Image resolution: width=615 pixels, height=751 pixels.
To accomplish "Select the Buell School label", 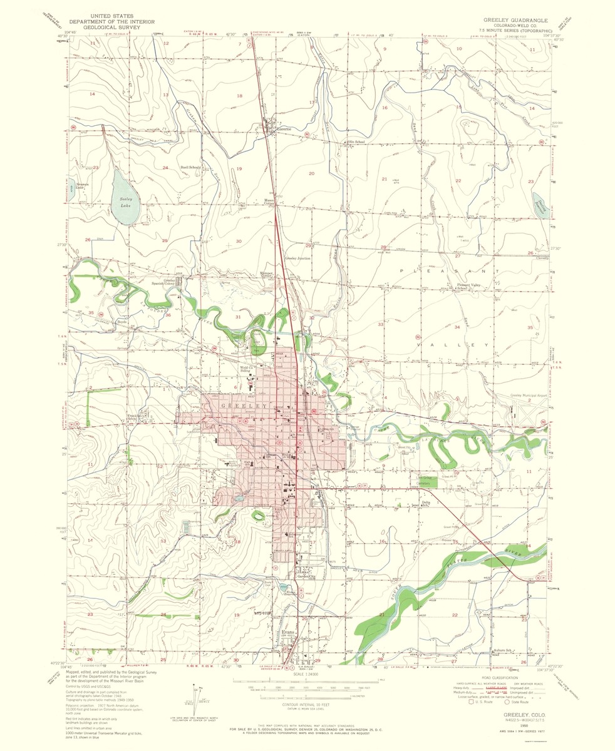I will (190, 168).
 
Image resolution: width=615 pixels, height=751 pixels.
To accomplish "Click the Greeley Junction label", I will (297, 258).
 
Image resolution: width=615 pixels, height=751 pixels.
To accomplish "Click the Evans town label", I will (288, 632).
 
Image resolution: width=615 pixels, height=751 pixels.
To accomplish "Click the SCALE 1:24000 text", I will (306, 674).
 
